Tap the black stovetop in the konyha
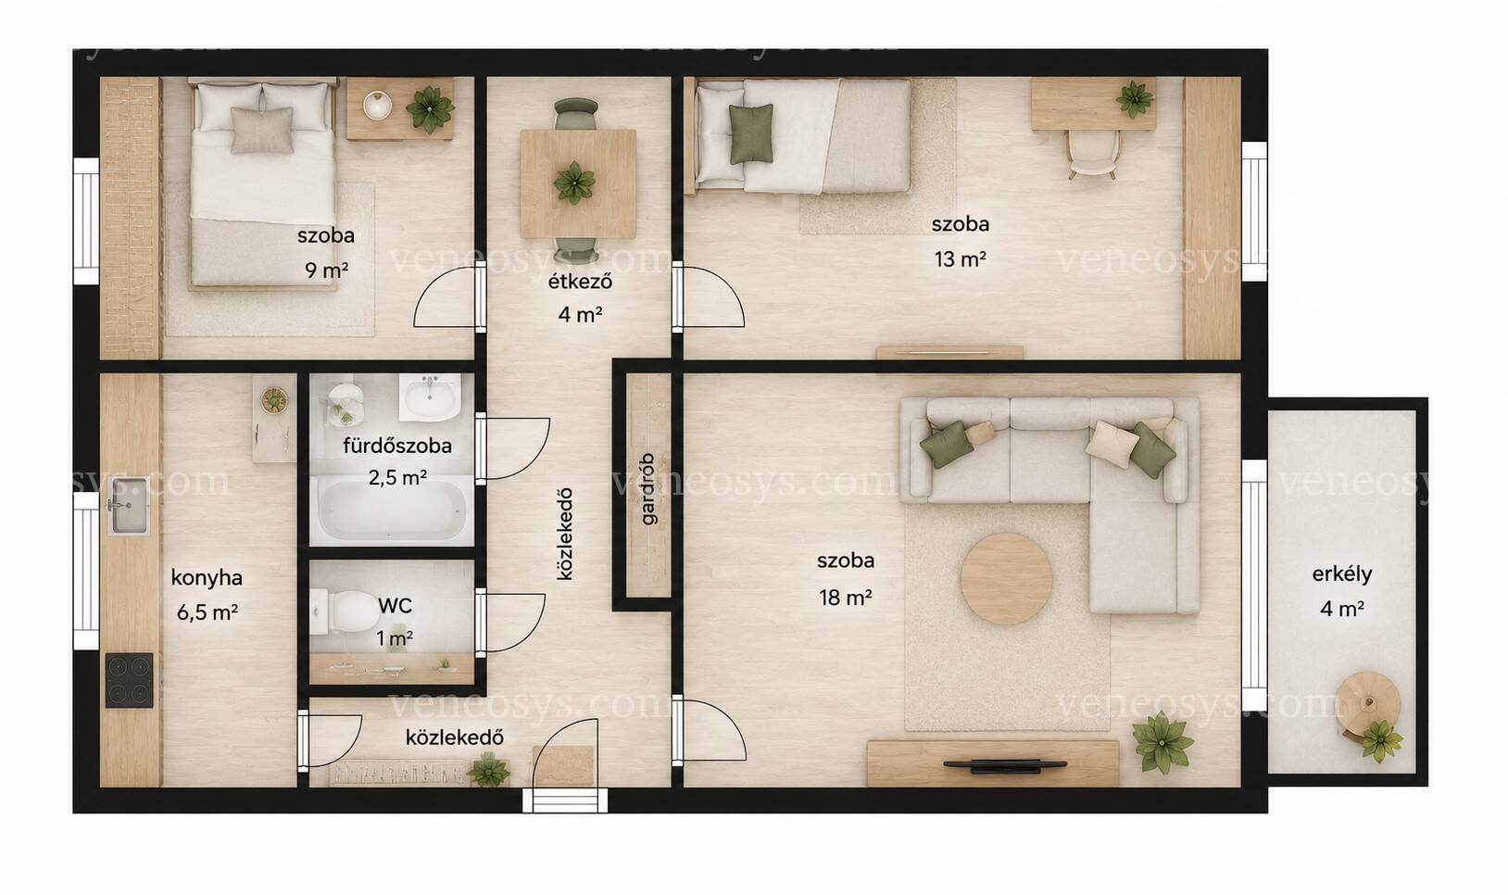(130, 679)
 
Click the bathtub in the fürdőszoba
(392, 511)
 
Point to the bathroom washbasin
(430, 397)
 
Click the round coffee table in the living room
(1007, 578)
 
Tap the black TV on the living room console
(1004, 764)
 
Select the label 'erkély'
(1341, 574)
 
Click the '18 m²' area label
(846, 598)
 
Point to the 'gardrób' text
(648, 489)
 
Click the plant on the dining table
(574, 183)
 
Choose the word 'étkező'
(580, 282)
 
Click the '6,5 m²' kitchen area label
(207, 612)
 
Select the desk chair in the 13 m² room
(1093, 154)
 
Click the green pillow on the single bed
(751, 134)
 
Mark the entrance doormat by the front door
(563, 765)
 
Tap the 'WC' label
(396, 605)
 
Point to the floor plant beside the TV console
(1163, 743)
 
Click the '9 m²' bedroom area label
(326, 271)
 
